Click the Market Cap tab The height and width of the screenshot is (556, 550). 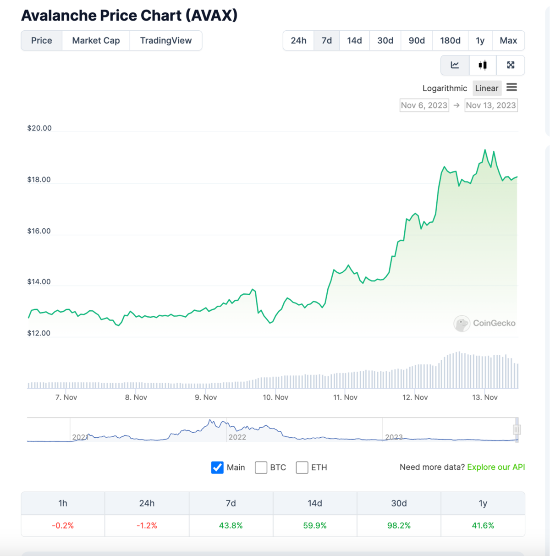(x=96, y=40)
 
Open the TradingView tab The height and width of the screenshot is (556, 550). (x=166, y=40)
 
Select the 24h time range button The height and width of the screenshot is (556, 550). (x=298, y=40)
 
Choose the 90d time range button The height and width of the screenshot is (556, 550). (x=417, y=40)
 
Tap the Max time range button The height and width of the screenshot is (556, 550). (x=508, y=40)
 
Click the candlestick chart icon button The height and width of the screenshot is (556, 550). (x=483, y=65)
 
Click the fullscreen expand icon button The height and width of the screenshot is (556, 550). (x=511, y=65)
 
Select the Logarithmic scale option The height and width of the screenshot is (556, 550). (x=445, y=88)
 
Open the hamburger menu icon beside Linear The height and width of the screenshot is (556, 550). (x=511, y=87)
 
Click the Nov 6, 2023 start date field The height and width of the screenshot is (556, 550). (x=424, y=105)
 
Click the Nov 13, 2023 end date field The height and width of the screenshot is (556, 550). (x=491, y=105)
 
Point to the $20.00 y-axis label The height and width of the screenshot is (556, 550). (x=39, y=128)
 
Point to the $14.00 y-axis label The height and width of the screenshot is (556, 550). (x=39, y=281)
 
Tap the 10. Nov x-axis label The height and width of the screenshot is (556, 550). (x=275, y=397)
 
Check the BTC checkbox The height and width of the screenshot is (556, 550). (x=261, y=468)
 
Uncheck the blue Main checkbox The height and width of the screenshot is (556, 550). (x=217, y=468)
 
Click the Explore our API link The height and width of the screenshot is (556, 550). (x=496, y=467)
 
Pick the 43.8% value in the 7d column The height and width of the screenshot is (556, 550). (x=231, y=525)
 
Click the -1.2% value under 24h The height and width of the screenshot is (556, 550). (x=147, y=525)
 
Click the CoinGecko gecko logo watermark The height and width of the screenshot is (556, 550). (x=462, y=323)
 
